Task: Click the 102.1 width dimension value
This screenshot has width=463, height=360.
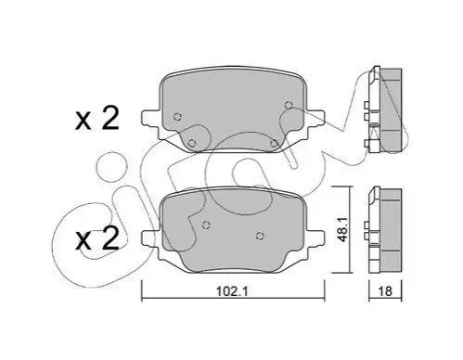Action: click(x=232, y=291)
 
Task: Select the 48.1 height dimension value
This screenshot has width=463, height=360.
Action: click(x=342, y=229)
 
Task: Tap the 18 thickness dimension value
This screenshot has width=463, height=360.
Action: click(x=385, y=291)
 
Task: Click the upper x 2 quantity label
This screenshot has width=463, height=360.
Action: click(x=97, y=119)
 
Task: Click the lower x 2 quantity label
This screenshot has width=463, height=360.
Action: click(x=97, y=238)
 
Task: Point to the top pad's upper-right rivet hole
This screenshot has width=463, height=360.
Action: click(x=289, y=105)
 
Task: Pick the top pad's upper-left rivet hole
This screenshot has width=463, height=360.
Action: click(x=177, y=117)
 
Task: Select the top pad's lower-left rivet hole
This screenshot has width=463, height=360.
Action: click(x=192, y=143)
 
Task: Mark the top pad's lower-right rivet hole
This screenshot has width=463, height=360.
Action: click(x=274, y=143)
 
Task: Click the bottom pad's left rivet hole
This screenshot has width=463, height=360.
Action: click(x=206, y=225)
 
